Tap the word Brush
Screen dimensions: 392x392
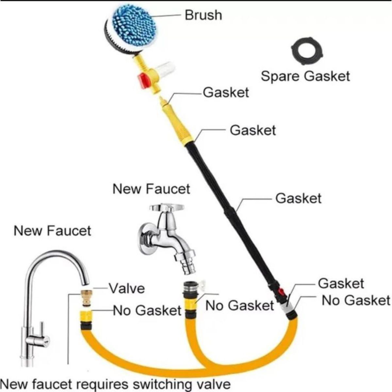[x=203, y=15]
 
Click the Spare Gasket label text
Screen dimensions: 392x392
[x=305, y=76]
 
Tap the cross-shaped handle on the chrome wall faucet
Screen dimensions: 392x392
[x=167, y=208]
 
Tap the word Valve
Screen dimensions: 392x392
[x=126, y=288]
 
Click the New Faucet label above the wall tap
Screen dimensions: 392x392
[x=151, y=189]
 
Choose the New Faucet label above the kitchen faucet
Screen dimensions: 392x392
[x=52, y=231]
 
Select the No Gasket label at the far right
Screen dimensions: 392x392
[x=356, y=300]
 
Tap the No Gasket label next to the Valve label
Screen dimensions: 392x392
[x=147, y=310]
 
